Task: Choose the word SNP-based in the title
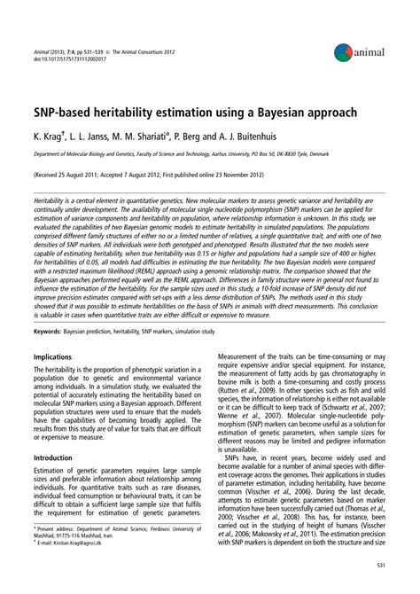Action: pos(68,114)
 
